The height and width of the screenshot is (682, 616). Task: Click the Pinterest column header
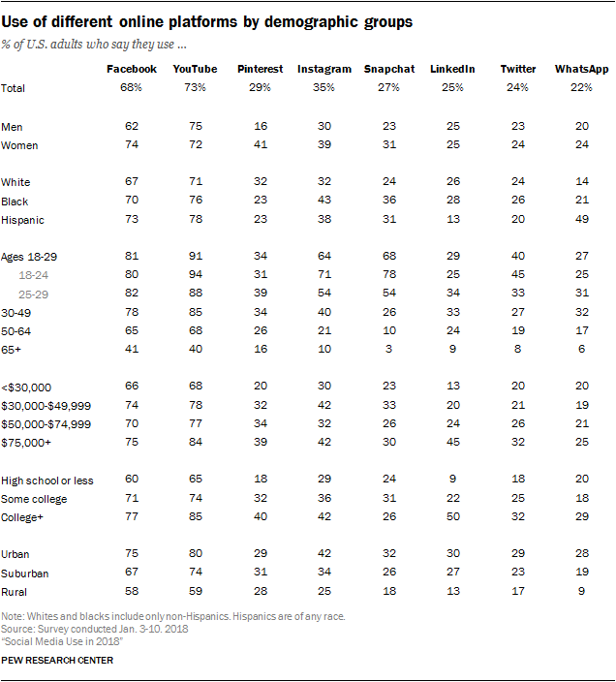tap(259, 69)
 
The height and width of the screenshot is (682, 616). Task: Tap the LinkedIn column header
tap(452, 69)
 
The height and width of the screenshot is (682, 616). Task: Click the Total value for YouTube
tap(196, 88)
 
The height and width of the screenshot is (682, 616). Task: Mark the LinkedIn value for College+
tap(452, 517)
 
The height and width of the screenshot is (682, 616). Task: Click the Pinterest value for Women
tap(259, 145)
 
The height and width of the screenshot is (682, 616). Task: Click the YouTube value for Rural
tap(196, 592)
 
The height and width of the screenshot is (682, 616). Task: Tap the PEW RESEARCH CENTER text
tap(57, 661)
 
